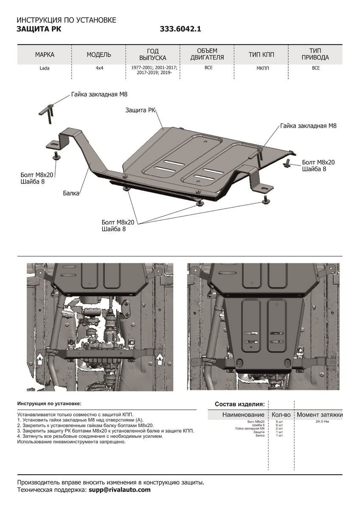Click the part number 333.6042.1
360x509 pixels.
click(180, 29)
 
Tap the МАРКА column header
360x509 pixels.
click(45, 55)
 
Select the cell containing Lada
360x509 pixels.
click(45, 68)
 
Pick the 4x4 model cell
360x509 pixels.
click(99, 68)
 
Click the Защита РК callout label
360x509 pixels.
click(140, 110)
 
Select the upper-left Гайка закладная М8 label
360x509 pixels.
click(99, 95)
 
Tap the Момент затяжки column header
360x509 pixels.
click(320, 414)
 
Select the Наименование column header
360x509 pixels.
click(243, 414)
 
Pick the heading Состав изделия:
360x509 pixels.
click(240, 404)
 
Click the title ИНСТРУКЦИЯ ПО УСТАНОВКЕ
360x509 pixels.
click(66, 20)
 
